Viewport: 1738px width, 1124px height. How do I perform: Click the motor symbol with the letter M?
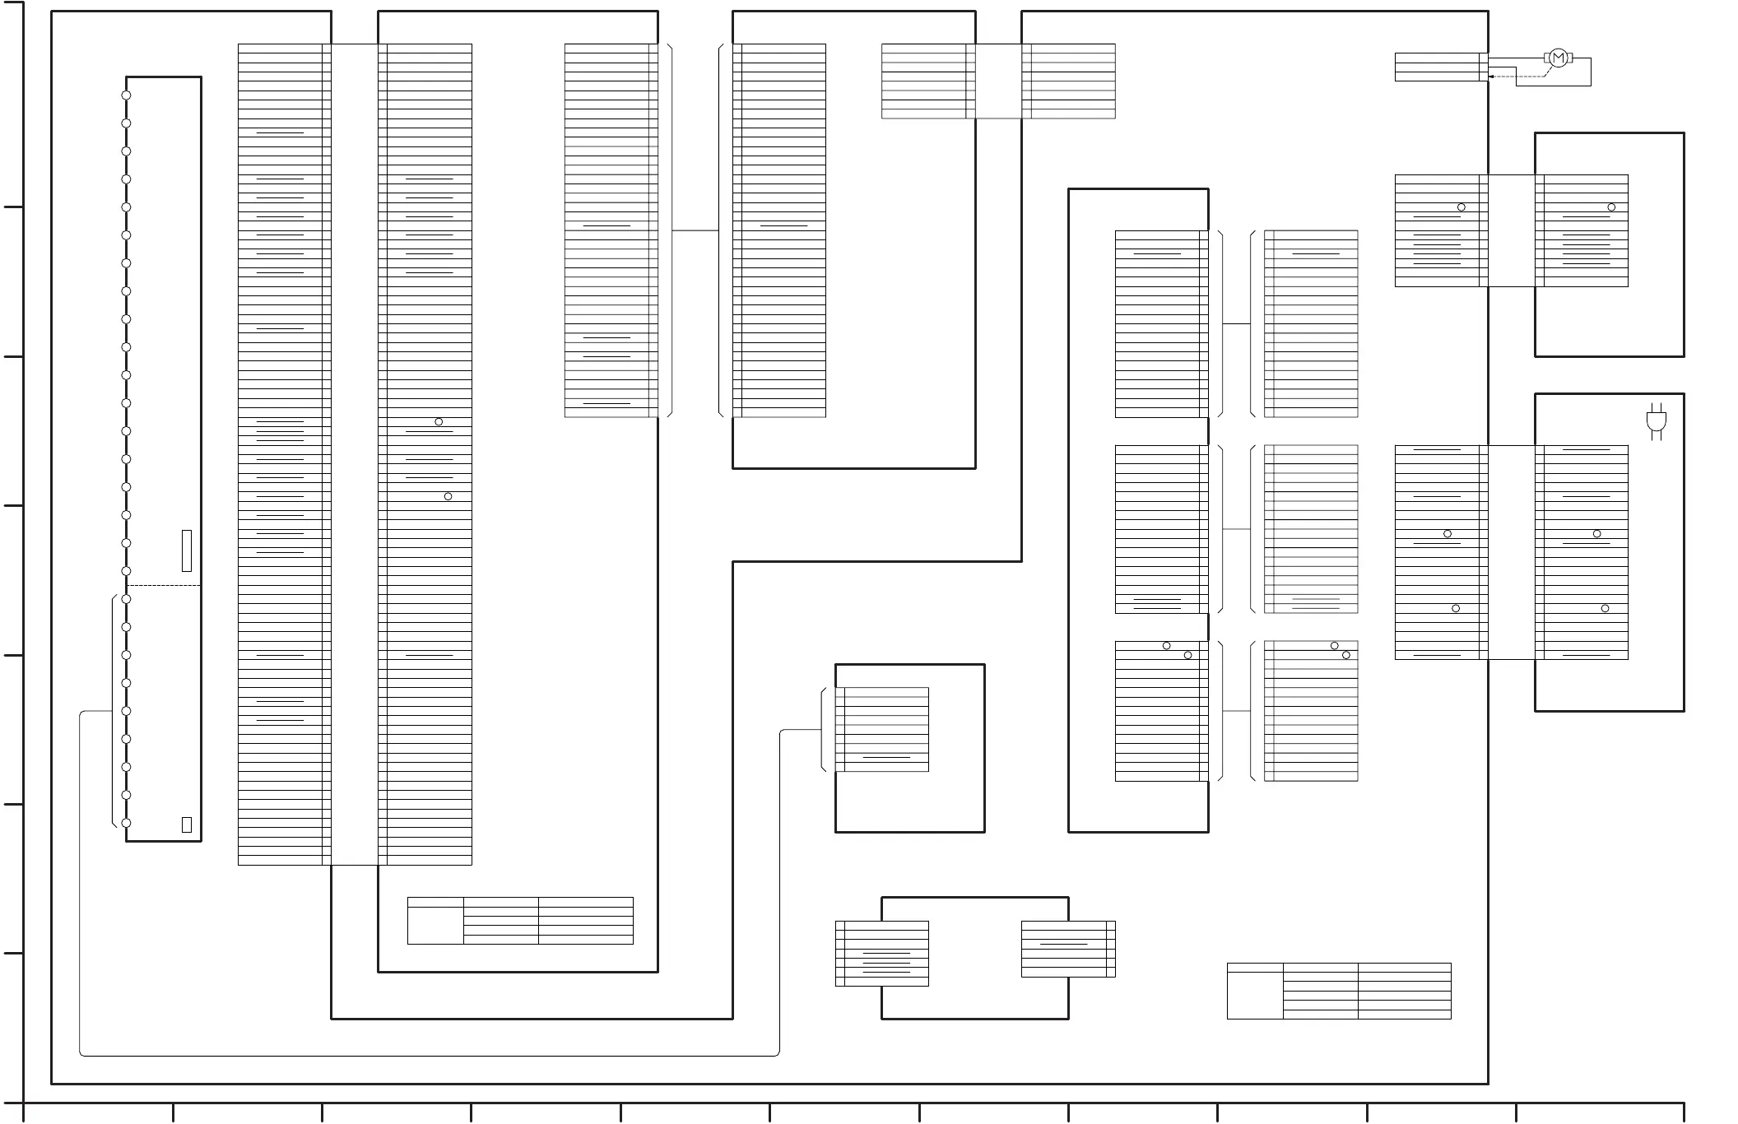coord(1558,58)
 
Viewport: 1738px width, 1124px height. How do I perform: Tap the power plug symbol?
coord(1657,420)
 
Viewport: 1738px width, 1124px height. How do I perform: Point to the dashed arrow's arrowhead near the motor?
coord(1492,77)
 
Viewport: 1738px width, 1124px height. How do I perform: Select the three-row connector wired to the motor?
coord(1440,67)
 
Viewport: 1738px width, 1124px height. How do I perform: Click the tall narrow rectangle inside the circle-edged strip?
coord(187,550)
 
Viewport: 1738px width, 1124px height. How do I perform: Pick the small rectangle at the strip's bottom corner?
coord(187,824)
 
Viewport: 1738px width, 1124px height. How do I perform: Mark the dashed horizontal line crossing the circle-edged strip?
coord(164,585)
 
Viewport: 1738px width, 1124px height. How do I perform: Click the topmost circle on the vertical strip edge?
coord(126,95)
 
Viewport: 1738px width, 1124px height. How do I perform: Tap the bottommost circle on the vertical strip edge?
coord(126,823)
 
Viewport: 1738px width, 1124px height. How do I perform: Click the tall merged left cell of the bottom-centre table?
coord(435,926)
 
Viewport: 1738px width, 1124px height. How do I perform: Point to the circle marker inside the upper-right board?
coord(1611,207)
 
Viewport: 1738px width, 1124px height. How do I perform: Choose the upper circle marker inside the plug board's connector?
coord(1596,534)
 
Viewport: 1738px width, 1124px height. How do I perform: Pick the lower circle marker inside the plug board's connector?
coord(1605,608)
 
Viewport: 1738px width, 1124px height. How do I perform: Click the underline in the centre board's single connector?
coord(886,757)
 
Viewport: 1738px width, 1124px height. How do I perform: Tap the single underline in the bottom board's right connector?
coord(1064,944)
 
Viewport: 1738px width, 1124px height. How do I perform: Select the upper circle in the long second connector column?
coord(439,422)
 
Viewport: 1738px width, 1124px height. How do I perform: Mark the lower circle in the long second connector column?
coord(448,496)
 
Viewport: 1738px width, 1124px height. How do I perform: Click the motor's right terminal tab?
coord(1571,58)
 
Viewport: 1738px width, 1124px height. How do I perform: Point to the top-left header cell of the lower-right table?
coord(1255,968)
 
